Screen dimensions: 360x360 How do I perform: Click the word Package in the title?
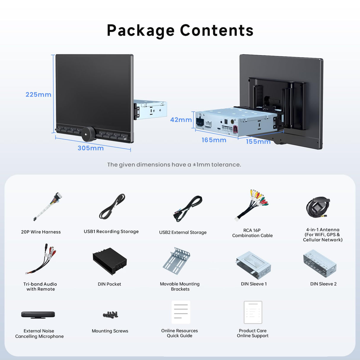point(141,31)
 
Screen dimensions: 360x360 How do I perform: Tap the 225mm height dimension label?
point(38,95)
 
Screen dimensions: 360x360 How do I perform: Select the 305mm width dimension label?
point(90,148)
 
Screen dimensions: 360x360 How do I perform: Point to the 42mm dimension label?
point(181,120)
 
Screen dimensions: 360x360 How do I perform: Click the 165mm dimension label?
point(214,140)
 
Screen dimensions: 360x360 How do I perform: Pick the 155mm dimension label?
point(258,142)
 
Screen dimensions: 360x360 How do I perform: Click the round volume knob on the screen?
point(88,134)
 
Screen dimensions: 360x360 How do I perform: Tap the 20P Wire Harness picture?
point(47,206)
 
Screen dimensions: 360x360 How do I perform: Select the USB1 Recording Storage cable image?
point(112,206)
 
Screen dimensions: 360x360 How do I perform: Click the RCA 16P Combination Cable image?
point(252,205)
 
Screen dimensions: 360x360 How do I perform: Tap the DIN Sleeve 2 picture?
point(320,263)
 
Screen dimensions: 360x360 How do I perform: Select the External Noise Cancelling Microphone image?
point(38,315)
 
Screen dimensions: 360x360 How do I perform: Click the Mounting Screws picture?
point(110,315)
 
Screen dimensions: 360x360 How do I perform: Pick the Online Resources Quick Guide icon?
point(181,312)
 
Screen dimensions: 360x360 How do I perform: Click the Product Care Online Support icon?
point(253,312)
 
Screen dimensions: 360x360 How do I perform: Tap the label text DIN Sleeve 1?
point(254,284)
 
